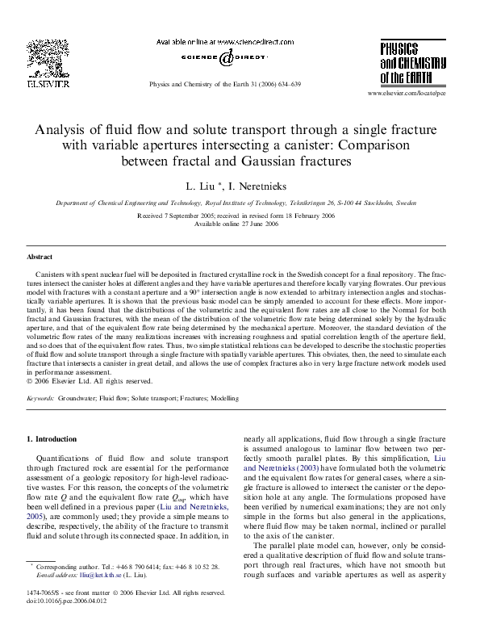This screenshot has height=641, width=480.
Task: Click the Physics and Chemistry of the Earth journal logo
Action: pos(413,61)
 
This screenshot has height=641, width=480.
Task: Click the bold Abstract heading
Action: pos(40,257)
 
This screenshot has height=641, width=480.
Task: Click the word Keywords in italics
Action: pos(40,399)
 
